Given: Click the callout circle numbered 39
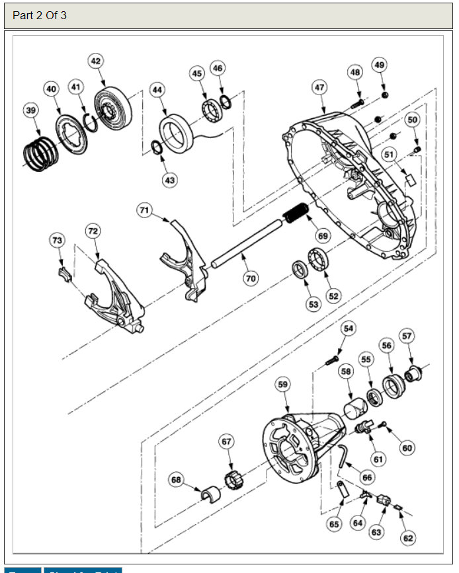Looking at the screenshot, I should [x=31, y=111].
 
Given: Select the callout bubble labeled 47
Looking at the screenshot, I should [x=319, y=87].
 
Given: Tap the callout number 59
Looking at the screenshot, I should [x=283, y=383].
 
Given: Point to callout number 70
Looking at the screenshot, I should [x=250, y=278].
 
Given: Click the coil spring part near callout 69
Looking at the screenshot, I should [x=296, y=215].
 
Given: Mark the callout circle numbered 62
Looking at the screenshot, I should [x=409, y=538].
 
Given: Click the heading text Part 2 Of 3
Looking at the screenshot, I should [x=40, y=15].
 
